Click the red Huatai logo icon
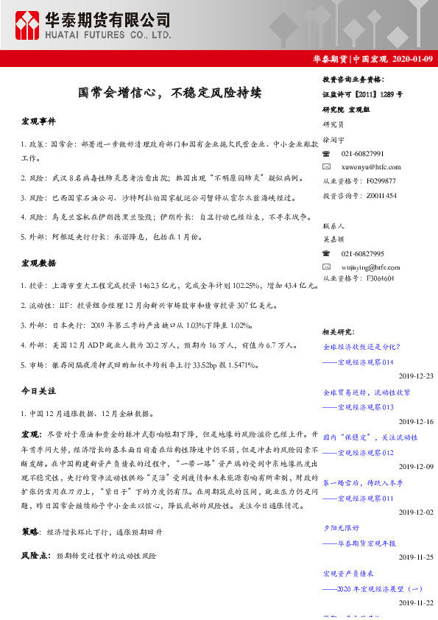point(29,24)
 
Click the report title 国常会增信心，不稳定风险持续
point(169,93)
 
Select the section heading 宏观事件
point(38,120)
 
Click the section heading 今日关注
point(38,389)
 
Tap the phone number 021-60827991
point(362,153)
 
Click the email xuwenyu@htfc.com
point(366,167)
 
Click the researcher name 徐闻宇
point(333,139)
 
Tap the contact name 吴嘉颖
point(333,239)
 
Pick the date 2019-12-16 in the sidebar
point(415,421)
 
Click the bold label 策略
point(31,530)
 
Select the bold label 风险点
point(35,556)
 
